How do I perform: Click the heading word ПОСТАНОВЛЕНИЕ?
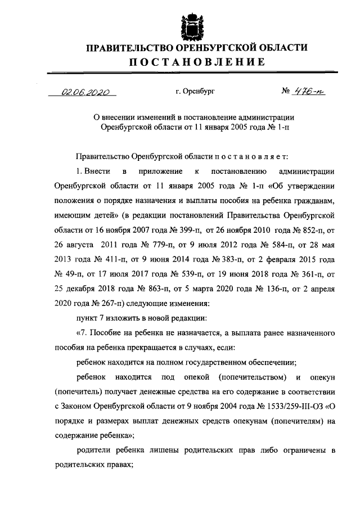(196, 62)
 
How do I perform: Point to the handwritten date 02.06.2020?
(86, 93)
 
